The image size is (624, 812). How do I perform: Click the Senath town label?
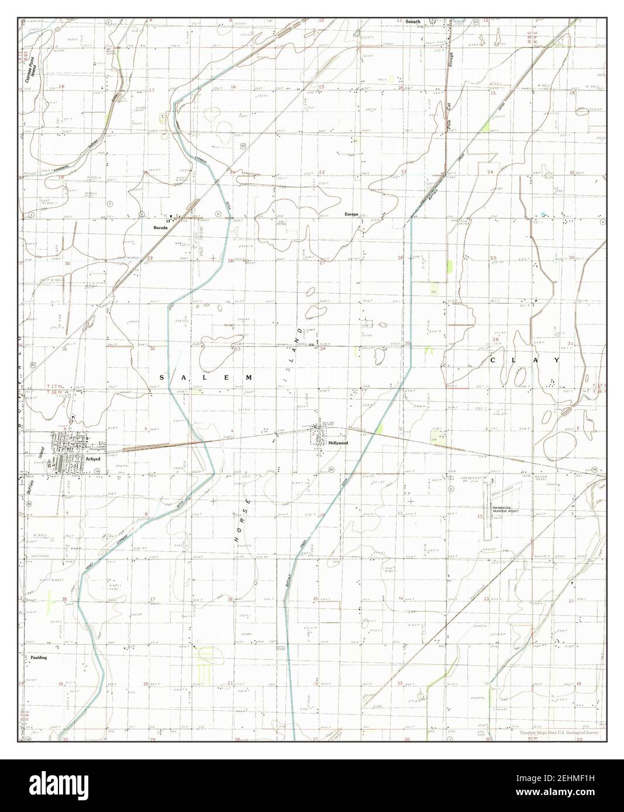[x=413, y=21]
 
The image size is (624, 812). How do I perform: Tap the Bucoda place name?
[x=161, y=228]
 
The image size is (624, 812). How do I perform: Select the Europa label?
[x=351, y=214]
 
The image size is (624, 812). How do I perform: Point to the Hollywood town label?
[x=338, y=443]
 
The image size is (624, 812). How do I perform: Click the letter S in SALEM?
[x=162, y=378]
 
